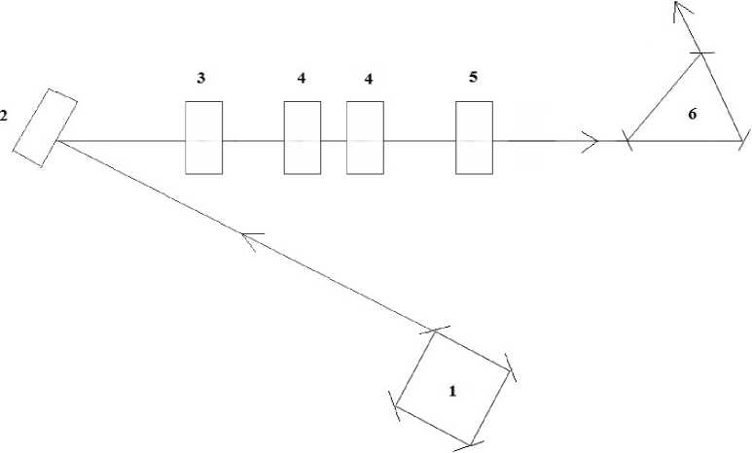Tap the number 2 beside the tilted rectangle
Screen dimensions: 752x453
coord(4,116)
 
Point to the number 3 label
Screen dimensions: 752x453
coord(201,79)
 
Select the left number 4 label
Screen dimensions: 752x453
coord(302,79)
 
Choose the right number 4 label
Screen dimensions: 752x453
coord(368,79)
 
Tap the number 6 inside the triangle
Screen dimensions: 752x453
coord(692,114)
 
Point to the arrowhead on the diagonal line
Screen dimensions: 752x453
coord(248,238)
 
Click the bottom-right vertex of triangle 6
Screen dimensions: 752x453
coord(742,141)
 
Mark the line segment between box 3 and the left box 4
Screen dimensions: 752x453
coord(253,141)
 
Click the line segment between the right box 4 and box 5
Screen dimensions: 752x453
coord(420,141)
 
